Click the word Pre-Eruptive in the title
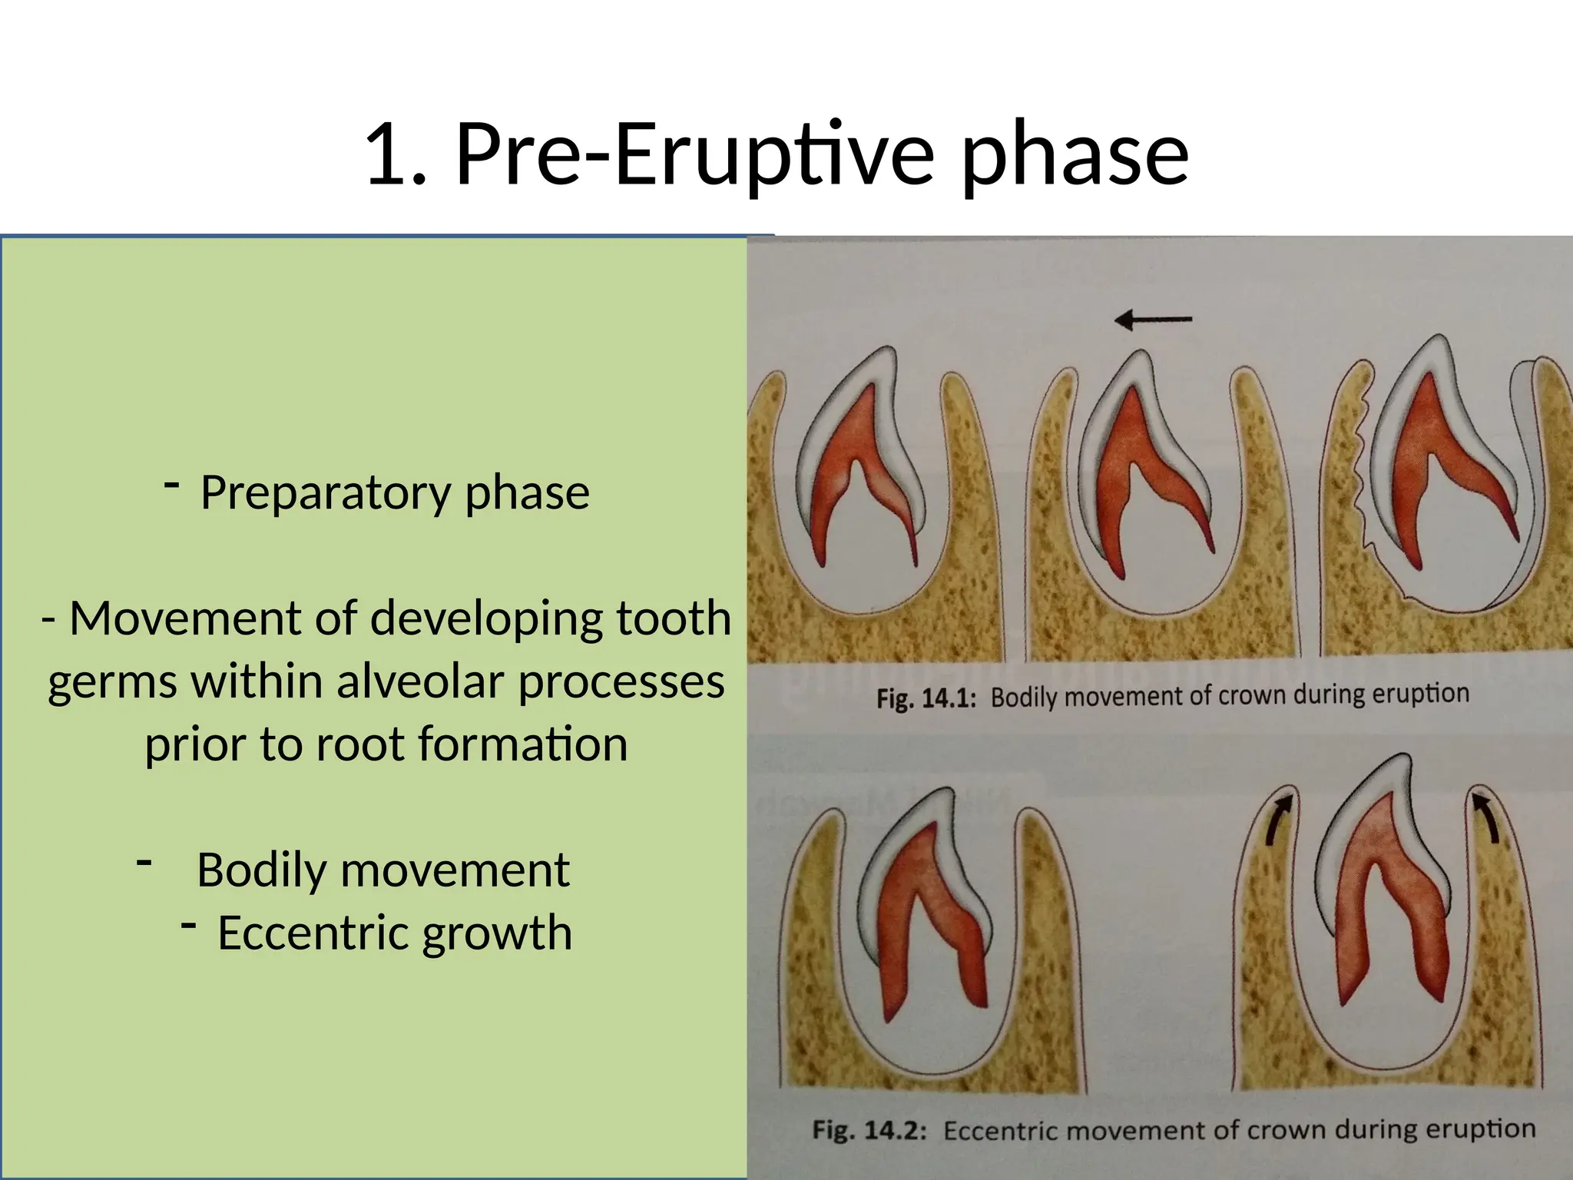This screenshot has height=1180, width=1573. [x=695, y=156]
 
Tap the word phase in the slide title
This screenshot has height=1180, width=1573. [x=1075, y=156]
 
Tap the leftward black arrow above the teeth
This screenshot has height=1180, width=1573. [x=1153, y=319]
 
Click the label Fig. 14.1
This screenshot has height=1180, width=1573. [x=926, y=699]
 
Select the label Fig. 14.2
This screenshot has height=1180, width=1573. [x=869, y=1130]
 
